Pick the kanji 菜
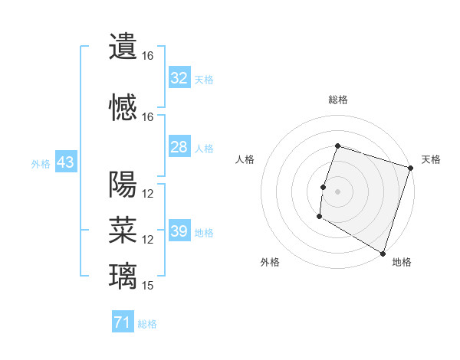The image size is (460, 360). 123,229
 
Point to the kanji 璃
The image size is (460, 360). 123,275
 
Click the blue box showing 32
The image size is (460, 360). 179,78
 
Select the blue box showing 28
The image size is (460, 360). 179,147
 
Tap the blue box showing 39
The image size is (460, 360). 179,231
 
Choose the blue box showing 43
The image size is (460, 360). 65,162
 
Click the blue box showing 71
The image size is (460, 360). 122,323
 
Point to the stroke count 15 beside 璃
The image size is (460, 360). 149,286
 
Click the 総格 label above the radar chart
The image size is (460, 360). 338,100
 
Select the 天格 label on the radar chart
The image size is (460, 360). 431,159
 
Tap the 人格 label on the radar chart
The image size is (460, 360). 245,159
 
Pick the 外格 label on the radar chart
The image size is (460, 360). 270,262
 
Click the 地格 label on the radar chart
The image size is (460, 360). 402,262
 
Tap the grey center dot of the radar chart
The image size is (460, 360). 337,191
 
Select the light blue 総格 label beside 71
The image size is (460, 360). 147,324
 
